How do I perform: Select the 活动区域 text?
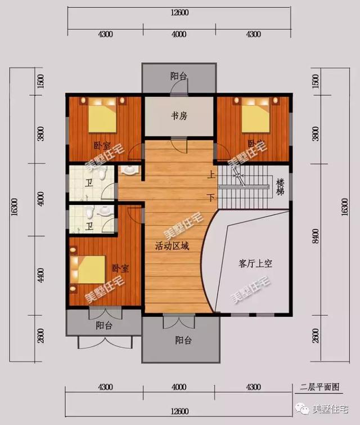coord(172,247)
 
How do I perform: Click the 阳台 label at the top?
coord(178,76)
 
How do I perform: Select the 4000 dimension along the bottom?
coord(179,387)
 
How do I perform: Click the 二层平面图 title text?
coord(320,387)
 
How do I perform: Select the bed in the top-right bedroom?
coord(257,115)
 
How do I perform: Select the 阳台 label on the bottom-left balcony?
coord(103,325)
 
